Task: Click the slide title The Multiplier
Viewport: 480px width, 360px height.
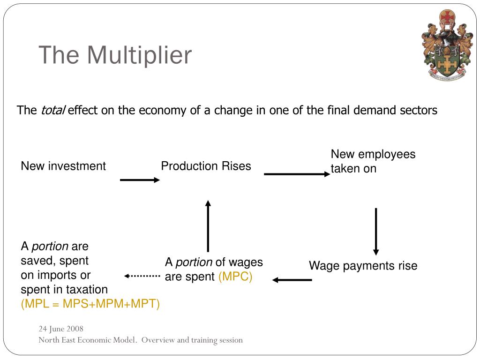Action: point(115,55)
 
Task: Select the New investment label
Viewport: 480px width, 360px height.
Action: point(63,166)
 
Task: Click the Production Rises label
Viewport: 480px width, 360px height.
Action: point(206,166)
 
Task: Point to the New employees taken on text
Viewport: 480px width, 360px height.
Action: point(373,161)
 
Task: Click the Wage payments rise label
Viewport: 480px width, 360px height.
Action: point(363,266)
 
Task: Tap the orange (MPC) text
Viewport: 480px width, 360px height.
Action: point(235,277)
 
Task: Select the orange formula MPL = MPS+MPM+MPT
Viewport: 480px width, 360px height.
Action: point(90,304)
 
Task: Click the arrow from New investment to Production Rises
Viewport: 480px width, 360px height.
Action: point(140,180)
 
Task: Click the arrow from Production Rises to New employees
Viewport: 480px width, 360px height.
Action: point(297,174)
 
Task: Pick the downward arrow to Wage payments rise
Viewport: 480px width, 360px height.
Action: point(376,231)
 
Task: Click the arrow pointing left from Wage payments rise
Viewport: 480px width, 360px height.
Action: point(292,280)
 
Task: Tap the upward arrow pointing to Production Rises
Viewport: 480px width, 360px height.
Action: point(208,226)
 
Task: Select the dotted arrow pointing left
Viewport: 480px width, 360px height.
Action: point(142,276)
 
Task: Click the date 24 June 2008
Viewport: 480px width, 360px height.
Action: point(61,329)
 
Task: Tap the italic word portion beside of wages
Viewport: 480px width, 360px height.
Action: point(194,262)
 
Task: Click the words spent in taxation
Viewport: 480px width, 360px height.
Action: point(64,289)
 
